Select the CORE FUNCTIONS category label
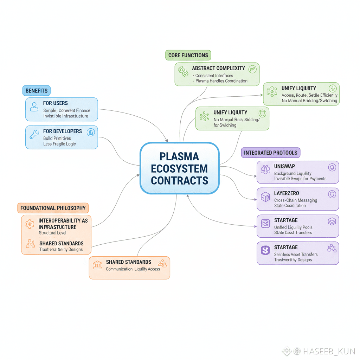tap(188, 55)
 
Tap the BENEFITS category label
tap(37, 91)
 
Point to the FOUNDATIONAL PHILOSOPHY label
tap(53, 208)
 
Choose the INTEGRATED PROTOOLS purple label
tap(271, 153)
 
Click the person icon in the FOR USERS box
tap(34, 107)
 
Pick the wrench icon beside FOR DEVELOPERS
tap(34, 134)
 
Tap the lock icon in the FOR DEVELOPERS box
tap(91, 132)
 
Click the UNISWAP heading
tap(284, 166)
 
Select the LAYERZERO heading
tap(287, 193)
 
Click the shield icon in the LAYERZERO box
tap(331, 194)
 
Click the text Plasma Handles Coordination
tap(221, 81)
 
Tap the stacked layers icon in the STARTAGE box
tap(332, 221)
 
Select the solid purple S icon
tap(265, 250)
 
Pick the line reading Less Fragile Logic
tap(59, 144)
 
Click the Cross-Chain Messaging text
tap(296, 200)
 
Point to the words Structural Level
tap(52, 233)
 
